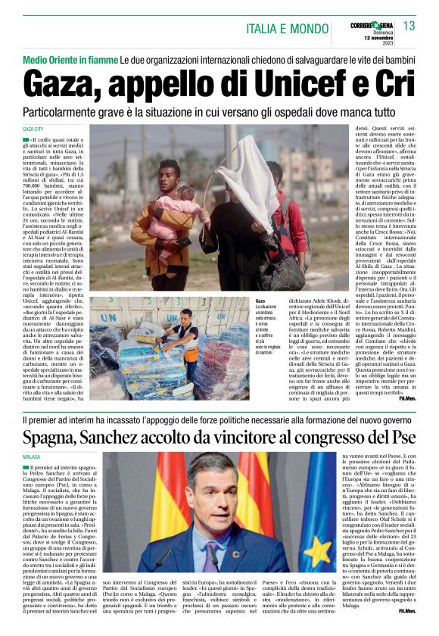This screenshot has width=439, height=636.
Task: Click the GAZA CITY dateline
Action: click(x=34, y=129)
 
